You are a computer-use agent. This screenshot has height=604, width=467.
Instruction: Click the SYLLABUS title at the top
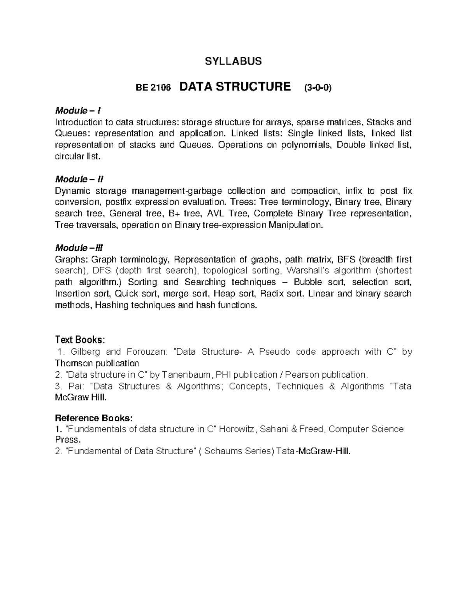coord(233,61)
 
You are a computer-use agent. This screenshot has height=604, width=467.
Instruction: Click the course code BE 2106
coord(153,88)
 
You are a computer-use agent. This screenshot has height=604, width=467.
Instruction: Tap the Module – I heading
coord(78,111)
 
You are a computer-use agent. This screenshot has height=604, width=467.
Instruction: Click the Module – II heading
coord(79,179)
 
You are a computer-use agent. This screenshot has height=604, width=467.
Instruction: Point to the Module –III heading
coord(79,248)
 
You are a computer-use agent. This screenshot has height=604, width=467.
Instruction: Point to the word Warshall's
coord(309,271)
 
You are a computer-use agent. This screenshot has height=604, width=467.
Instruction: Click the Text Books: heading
coord(80,340)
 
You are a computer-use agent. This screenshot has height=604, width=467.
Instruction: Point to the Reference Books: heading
coord(94,418)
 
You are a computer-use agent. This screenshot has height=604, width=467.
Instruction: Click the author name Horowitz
coord(236,429)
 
